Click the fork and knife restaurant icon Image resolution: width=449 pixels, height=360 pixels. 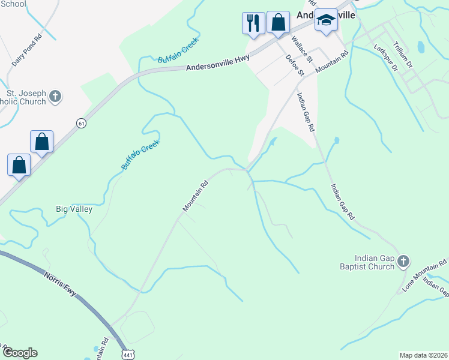pos(253,23)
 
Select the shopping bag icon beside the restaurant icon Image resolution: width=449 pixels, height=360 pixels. pos(278,23)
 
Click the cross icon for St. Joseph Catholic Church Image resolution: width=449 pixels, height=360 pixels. pos(55,96)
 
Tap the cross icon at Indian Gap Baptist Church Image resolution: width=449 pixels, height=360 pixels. pos(403,261)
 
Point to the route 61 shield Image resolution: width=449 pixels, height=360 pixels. pos(81,122)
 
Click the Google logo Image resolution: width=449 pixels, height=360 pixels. pos(20,353)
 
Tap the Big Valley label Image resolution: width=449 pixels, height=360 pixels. pos(74,209)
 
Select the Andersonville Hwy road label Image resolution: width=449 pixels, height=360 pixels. pos(217,67)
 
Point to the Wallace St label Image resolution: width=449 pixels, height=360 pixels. pos(302,49)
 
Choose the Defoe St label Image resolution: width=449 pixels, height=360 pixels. pos(295,65)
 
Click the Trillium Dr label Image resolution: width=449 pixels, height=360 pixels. pos(402,54)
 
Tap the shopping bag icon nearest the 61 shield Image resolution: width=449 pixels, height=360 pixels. pos(42,142)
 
